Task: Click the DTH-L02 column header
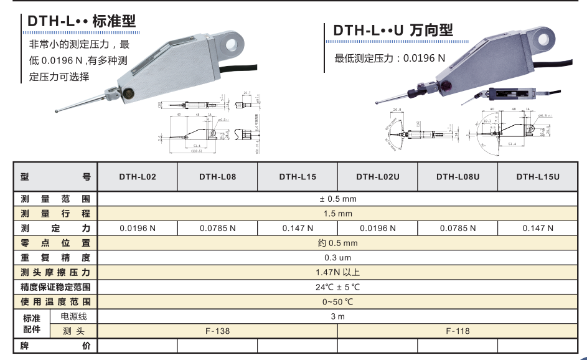tap(138, 177)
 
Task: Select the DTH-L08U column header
tap(458, 177)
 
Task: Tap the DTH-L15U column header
tap(538, 177)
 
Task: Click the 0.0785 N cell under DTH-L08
tap(217, 229)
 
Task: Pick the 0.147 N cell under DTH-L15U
tap(538, 229)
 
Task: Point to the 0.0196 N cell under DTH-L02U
tap(377, 229)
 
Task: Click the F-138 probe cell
tap(217, 331)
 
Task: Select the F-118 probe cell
tap(458, 331)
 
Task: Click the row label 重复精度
tap(55, 258)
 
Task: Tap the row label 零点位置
tap(55, 243)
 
